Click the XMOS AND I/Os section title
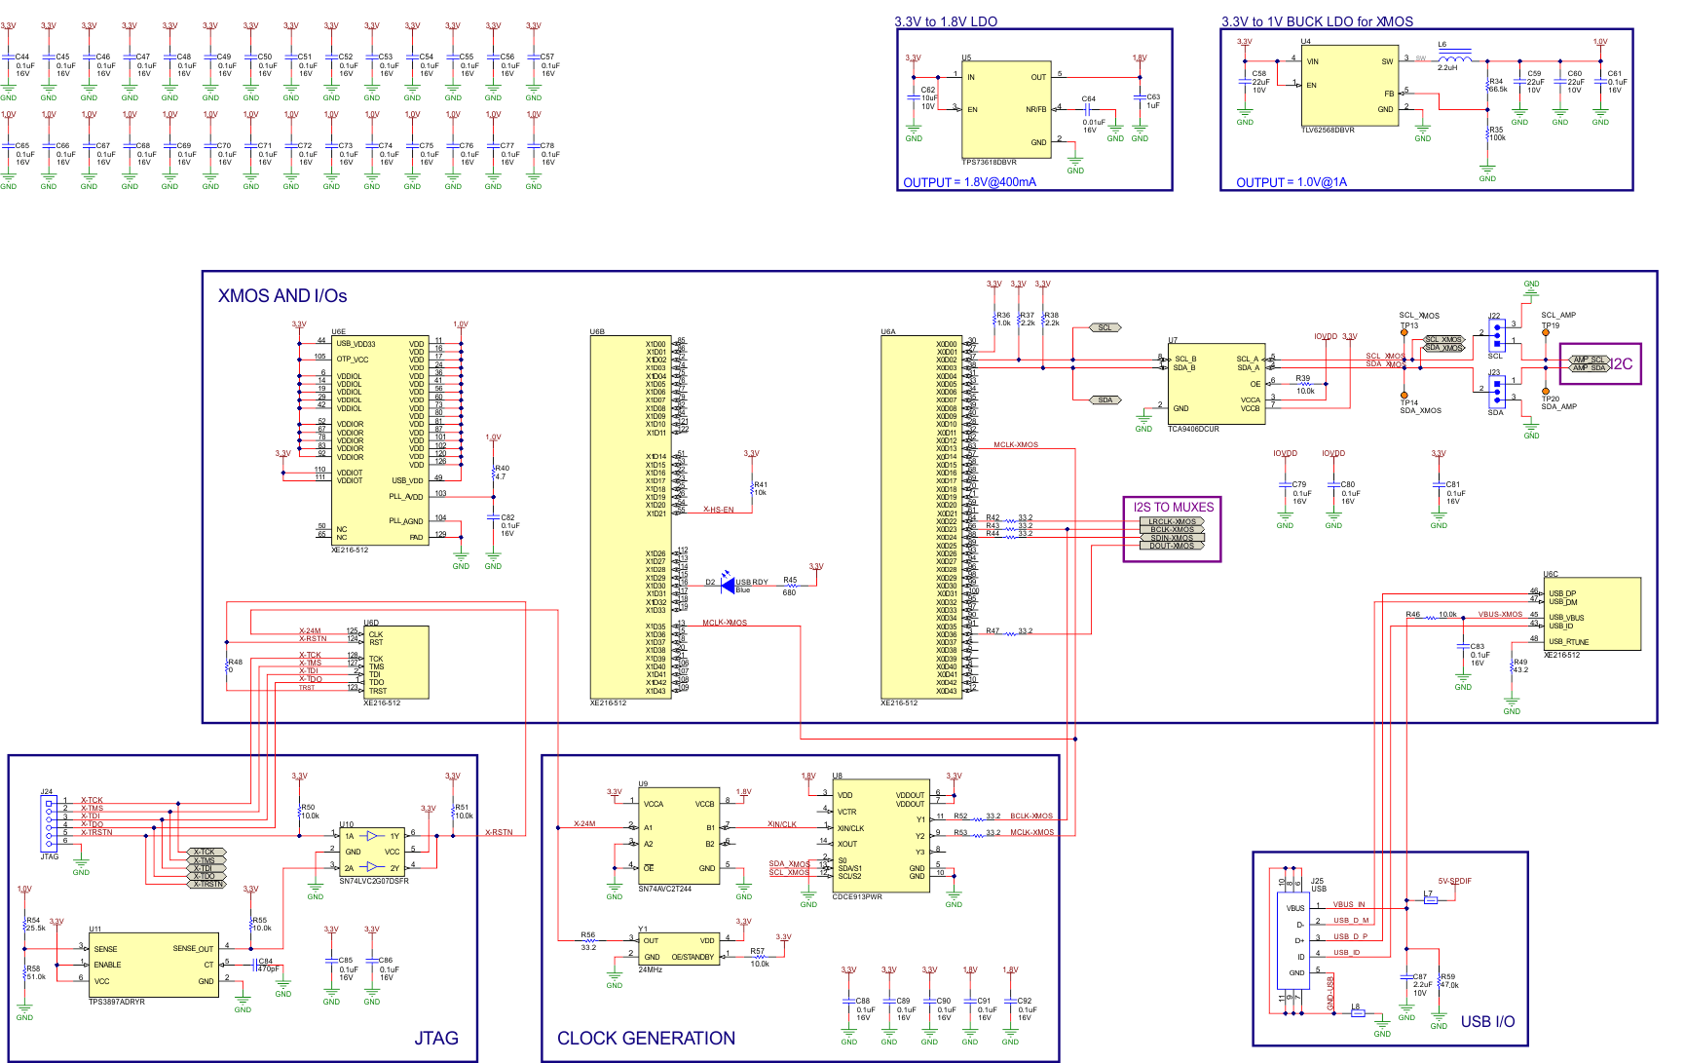(282, 296)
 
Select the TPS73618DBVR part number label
(989, 163)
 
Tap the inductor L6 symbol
(1454, 57)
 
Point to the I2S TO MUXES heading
(1173, 508)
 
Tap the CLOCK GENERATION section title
(646, 1039)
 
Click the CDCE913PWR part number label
(857, 896)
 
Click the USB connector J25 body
(1297, 939)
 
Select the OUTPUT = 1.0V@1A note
(1292, 182)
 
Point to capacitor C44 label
(21, 57)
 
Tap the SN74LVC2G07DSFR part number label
(374, 881)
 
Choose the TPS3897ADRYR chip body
(153, 965)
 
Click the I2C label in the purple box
(1621, 364)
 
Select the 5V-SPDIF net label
(1454, 881)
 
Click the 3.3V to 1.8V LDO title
(945, 21)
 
